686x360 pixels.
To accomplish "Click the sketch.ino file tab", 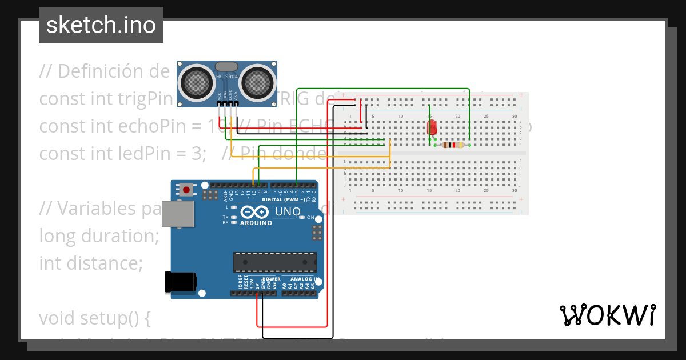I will tap(101, 25).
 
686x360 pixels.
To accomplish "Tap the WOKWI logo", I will tap(607, 315).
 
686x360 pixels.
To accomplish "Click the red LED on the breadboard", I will tap(432, 126).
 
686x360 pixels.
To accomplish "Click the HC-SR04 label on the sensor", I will tap(227, 77).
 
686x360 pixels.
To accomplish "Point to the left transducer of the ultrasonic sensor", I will tap(197, 82).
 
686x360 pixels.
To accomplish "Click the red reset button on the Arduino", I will tap(186, 189).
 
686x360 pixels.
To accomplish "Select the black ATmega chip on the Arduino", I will tap(274, 262).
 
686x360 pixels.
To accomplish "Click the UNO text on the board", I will tap(288, 212).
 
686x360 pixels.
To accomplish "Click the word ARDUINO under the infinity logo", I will tap(256, 223).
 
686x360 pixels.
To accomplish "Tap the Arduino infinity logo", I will tap(256, 212).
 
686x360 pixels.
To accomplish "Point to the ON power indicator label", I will tap(310, 218).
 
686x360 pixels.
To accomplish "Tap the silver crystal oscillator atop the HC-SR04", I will tap(227, 66).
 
